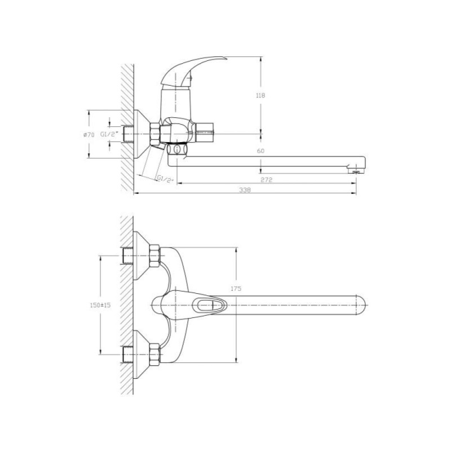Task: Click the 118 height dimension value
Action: click(260, 95)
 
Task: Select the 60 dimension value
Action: click(260, 151)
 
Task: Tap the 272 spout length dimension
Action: click(266, 180)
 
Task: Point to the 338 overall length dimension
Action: click(245, 190)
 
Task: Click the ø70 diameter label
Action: click(89, 134)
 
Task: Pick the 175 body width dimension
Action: click(236, 289)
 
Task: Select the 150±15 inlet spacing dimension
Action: click(100, 305)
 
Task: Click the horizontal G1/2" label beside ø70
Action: click(109, 134)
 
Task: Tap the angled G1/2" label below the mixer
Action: click(165, 179)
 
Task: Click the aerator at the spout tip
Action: click(356, 171)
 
